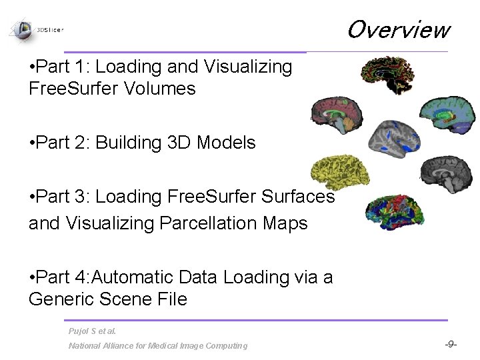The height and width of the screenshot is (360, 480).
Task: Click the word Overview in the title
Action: [x=398, y=30]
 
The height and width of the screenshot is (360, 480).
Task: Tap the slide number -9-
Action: [x=451, y=345]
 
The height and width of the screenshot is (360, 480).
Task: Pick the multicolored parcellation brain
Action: [x=393, y=210]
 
